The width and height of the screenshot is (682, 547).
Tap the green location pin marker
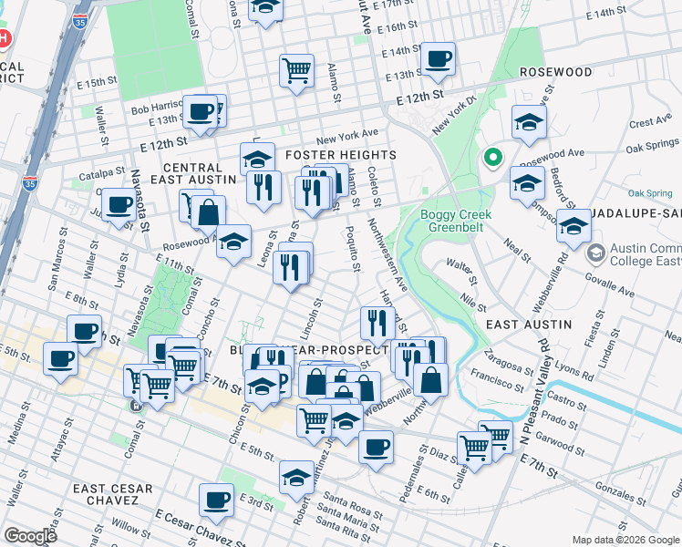[493, 158]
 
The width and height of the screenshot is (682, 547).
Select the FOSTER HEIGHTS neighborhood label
[341, 155]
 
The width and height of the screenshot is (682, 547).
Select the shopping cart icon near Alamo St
[297, 68]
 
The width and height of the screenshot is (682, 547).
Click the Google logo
[30, 536]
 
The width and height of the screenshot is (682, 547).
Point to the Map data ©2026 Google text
[625, 540]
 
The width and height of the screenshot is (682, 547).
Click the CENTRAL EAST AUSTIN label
[192, 175]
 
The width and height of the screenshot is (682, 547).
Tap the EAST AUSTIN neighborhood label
[529, 324]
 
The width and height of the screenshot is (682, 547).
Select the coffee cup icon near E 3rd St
[217, 499]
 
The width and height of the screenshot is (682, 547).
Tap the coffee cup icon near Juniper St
[118, 204]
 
